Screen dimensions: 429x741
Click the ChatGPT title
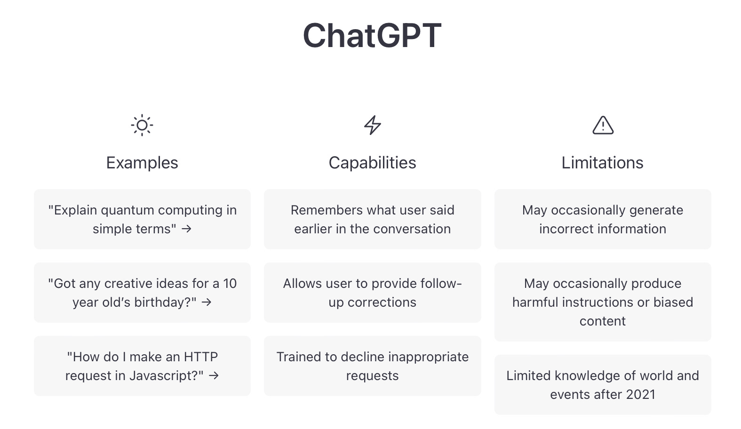pyautogui.click(x=372, y=36)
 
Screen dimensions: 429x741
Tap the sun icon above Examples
pyautogui.click(x=142, y=125)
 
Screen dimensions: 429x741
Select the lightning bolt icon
pyautogui.click(x=372, y=125)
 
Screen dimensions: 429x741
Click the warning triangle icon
pyautogui.click(x=603, y=126)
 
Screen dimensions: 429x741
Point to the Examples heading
pyautogui.click(x=142, y=163)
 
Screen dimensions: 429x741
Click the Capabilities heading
pyautogui.click(x=372, y=163)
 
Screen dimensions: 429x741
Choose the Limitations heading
pyautogui.click(x=602, y=163)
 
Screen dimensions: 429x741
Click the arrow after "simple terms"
pyautogui.click(x=186, y=229)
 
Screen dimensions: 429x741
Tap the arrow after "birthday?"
pyautogui.click(x=207, y=302)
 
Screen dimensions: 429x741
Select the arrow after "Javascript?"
pyautogui.click(x=214, y=376)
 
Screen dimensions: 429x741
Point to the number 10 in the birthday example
pyautogui.click(x=230, y=284)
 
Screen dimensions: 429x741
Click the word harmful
pyautogui.click(x=535, y=302)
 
